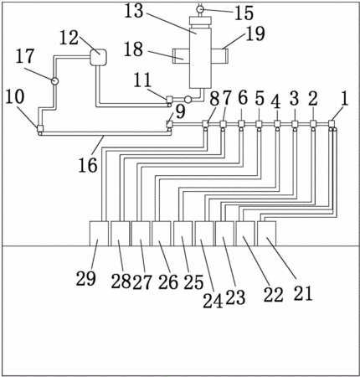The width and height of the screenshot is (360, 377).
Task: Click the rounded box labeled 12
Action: tap(98, 58)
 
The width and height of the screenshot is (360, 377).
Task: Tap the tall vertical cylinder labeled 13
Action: tap(200, 57)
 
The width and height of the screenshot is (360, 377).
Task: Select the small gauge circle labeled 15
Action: tap(200, 9)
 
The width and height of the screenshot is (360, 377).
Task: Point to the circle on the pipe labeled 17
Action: tap(54, 81)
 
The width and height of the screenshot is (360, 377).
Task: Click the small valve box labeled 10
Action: tap(40, 128)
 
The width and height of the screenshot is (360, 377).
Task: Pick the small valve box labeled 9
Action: tap(169, 123)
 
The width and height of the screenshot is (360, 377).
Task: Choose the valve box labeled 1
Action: tap(332, 123)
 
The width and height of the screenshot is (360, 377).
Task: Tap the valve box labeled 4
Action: tap(277, 123)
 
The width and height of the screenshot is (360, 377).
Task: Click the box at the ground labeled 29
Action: tap(99, 234)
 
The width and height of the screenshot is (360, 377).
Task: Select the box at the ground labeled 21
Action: tap(266, 234)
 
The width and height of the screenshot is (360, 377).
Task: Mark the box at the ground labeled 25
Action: tap(183, 234)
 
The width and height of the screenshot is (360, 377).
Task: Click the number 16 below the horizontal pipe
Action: tap(88, 164)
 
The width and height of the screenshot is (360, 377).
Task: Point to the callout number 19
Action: tap(255, 34)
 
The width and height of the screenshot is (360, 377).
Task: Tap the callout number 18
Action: tap(133, 49)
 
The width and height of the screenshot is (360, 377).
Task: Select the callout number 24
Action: tap(213, 301)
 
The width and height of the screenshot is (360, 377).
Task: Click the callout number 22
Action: tap(274, 294)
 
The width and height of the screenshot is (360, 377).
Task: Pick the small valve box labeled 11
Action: tap(169, 99)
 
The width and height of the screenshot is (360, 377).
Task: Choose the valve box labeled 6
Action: tap(241, 123)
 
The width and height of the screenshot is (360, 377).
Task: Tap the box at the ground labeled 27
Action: tap(141, 234)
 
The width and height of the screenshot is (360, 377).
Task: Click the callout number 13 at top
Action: tap(133, 11)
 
